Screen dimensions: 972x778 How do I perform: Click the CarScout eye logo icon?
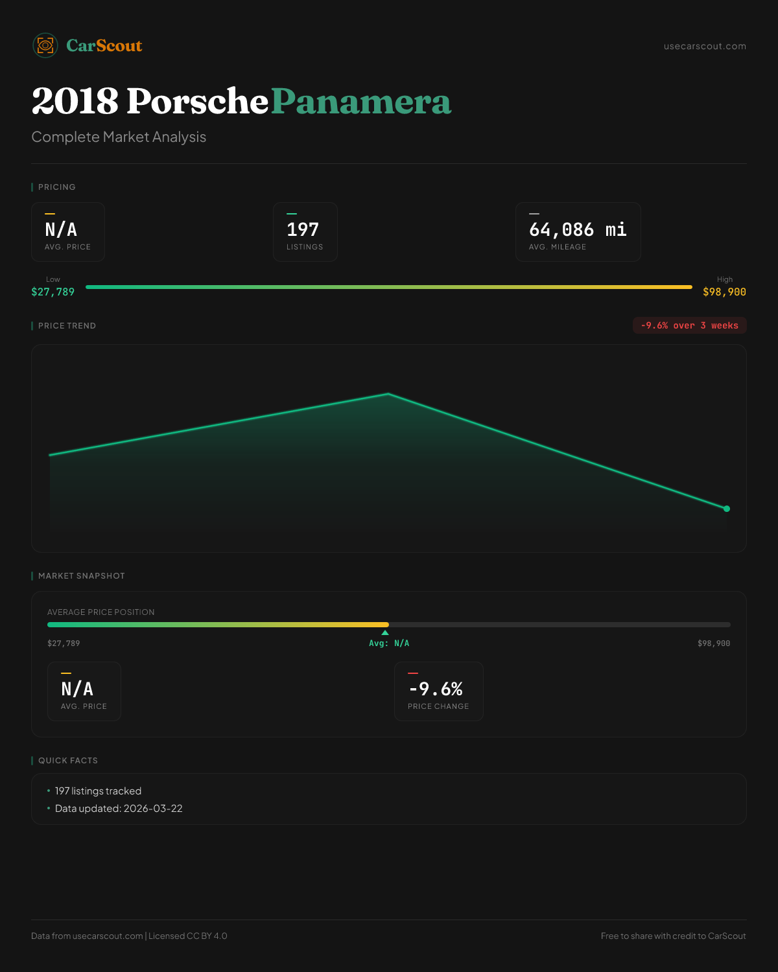(x=45, y=45)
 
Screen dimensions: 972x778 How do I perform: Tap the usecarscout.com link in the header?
(x=705, y=46)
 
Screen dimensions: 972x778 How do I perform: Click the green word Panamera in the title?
(x=360, y=102)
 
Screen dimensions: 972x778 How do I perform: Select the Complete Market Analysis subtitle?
(x=119, y=137)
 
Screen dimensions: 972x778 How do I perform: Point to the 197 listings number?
(x=303, y=229)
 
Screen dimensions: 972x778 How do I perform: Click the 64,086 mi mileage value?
(x=578, y=229)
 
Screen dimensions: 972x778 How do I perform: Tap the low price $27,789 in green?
(x=53, y=292)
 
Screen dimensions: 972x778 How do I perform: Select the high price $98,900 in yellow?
(x=724, y=292)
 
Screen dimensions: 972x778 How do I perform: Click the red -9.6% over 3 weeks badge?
(x=689, y=325)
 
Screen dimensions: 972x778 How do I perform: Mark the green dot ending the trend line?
(x=727, y=509)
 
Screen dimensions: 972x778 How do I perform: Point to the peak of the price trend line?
(x=388, y=393)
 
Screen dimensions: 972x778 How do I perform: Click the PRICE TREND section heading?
(x=67, y=326)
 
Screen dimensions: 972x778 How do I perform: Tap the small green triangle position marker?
(x=385, y=632)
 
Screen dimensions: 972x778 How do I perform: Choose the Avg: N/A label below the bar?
(x=389, y=643)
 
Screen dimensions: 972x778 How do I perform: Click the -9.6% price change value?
(x=436, y=689)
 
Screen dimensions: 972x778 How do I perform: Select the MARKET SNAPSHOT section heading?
(x=81, y=576)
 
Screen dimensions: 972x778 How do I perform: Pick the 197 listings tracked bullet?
(x=98, y=791)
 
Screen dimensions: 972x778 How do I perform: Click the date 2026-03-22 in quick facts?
(x=153, y=809)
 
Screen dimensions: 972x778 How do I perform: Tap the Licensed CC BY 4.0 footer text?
(x=188, y=936)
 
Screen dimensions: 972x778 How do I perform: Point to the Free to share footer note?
(x=673, y=936)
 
